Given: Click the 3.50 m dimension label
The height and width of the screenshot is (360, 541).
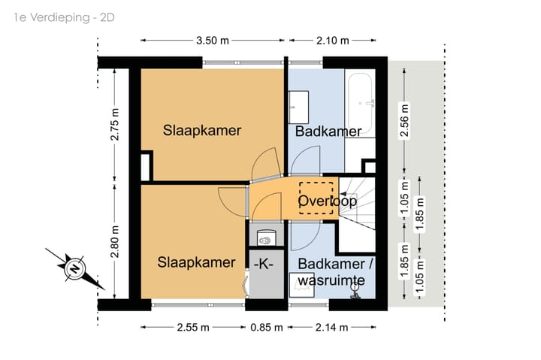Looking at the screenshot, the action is pos(213,41).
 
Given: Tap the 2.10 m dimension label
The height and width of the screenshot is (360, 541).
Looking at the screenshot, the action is pos(333,41).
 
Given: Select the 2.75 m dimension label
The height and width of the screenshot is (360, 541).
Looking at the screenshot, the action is pos(115,124).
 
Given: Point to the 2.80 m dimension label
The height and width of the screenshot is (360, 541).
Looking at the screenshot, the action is pos(115,241).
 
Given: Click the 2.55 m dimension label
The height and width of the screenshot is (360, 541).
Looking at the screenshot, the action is pos(193,327).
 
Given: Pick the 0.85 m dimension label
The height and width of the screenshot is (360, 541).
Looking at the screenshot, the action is pos(266,327).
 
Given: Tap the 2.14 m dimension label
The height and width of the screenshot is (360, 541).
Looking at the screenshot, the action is pos(331,327).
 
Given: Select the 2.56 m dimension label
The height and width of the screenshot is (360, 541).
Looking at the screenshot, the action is pos(404,120).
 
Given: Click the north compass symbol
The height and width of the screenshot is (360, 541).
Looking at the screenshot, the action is pos(75,268).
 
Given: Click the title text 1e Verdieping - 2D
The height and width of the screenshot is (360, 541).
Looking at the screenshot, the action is pos(64,17).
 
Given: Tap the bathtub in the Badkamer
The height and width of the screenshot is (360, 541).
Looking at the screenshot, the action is pos(360,104).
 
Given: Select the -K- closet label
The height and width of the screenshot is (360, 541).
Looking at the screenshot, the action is pos(264,264).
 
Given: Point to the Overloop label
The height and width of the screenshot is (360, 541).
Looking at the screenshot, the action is pos(327,201).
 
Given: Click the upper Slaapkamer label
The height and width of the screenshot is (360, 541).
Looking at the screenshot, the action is pos(202,131).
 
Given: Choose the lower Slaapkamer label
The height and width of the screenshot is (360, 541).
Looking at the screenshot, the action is pos(196,262).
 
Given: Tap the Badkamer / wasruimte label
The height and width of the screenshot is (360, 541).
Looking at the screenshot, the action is pos(335,272).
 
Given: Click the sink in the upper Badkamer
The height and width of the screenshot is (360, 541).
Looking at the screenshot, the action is pos(298,107).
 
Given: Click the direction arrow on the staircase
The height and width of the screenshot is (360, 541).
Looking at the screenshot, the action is pos(343,194).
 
